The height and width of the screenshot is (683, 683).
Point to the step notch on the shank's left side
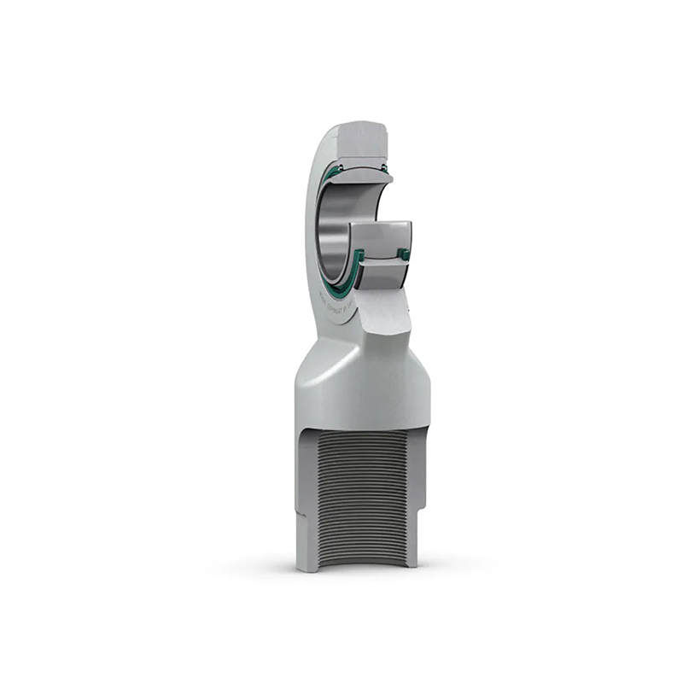(x=300, y=522)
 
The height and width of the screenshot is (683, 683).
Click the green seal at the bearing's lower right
(x=404, y=254)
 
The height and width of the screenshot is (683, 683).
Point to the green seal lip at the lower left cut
(x=359, y=257)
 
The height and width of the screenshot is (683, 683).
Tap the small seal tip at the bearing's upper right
(x=385, y=167)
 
